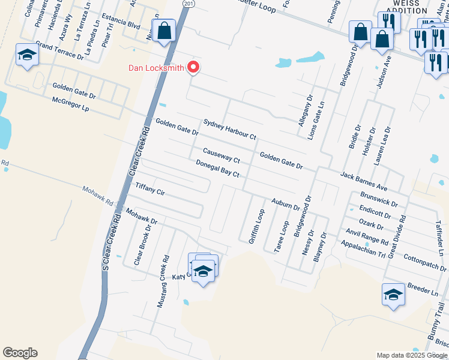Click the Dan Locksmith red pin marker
point(193,67)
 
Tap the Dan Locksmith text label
point(156,67)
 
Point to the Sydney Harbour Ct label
point(229,128)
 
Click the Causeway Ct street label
point(221,155)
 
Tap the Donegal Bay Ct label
point(217,169)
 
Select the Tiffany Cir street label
point(150,189)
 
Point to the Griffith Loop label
point(256,226)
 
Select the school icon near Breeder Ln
point(393,295)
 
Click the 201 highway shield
point(189,4)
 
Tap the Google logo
point(20,353)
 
